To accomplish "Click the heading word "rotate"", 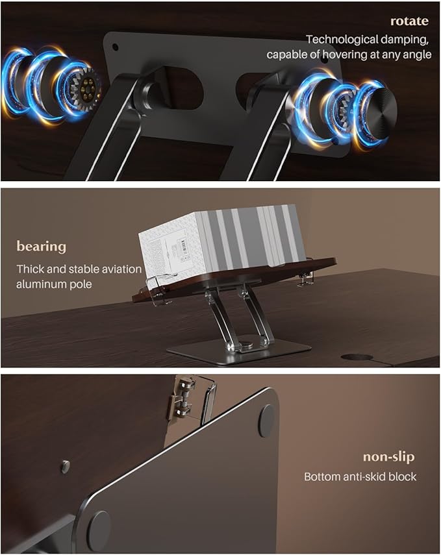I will (409, 21).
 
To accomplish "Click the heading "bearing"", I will (42, 247).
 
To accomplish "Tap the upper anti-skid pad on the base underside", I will (267, 421).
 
